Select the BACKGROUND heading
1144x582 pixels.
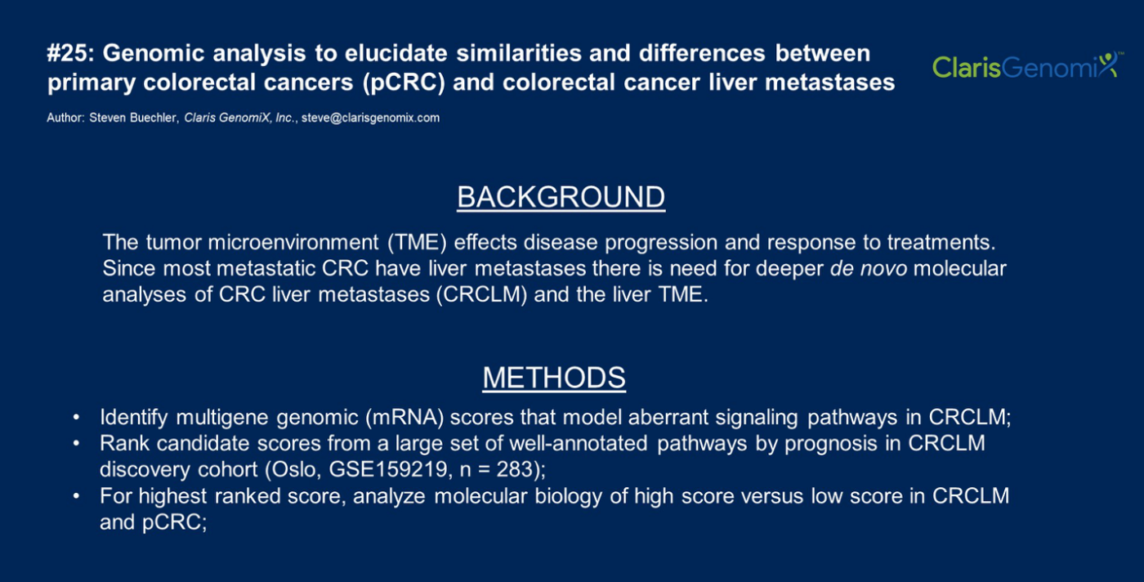(561, 197)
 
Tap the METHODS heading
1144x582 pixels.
(554, 378)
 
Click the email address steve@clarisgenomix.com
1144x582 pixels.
(370, 118)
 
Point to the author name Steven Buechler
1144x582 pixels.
(132, 118)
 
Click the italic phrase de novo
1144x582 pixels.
(868, 269)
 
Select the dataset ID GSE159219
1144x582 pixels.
(388, 469)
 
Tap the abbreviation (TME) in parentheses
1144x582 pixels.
(417, 243)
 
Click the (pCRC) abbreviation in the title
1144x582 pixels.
(404, 83)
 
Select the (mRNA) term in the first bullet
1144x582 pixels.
(404, 418)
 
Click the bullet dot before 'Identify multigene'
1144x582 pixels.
(76, 418)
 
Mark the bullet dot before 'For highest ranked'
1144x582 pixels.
(76, 496)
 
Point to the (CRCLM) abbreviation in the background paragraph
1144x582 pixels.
(481, 295)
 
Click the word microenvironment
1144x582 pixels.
(293, 243)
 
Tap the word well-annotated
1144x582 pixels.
(579, 444)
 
